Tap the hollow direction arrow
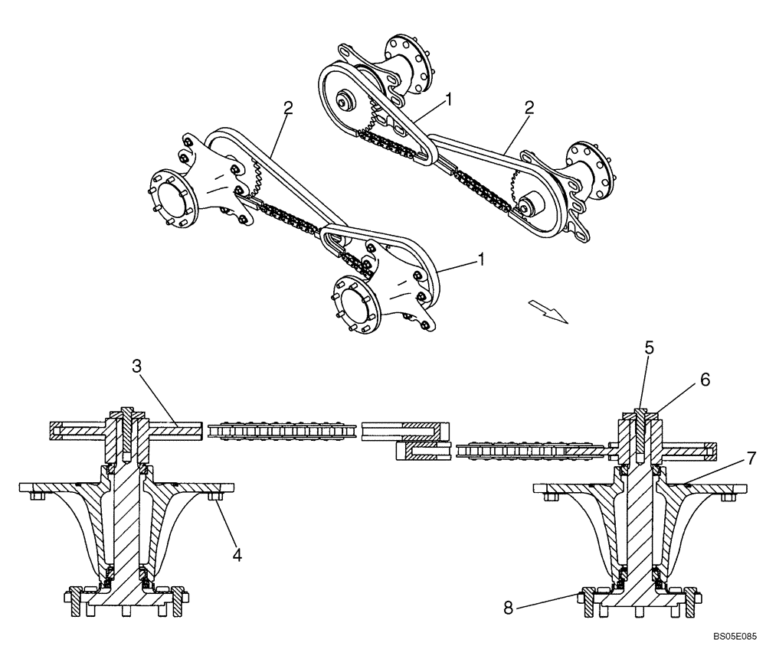click(548, 311)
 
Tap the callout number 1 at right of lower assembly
click(480, 260)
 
